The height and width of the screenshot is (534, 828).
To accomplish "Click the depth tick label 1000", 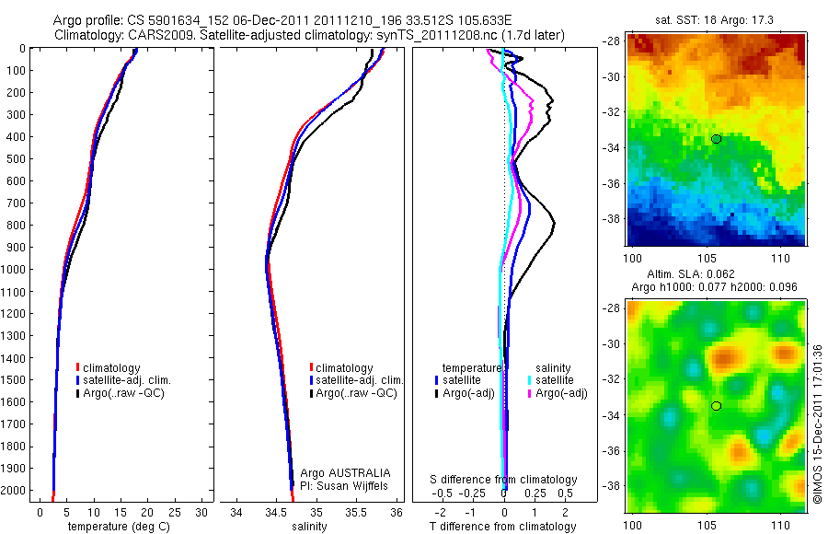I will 17,269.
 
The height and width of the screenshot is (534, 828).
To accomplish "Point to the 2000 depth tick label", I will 17,491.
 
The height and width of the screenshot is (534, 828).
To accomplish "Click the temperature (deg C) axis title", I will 115,527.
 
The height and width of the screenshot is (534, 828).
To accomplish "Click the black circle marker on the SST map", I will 715,139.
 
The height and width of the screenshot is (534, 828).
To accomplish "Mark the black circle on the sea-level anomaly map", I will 715,406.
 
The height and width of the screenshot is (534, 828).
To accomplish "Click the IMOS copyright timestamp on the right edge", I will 817,424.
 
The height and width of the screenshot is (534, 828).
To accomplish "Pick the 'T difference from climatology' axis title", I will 504,527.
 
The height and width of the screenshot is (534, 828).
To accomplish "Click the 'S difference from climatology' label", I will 504,480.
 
